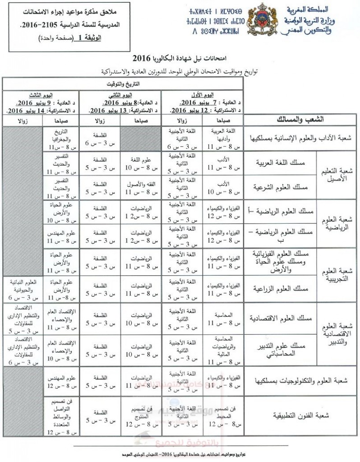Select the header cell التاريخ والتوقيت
point(122,84)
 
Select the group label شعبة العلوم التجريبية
point(345,273)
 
